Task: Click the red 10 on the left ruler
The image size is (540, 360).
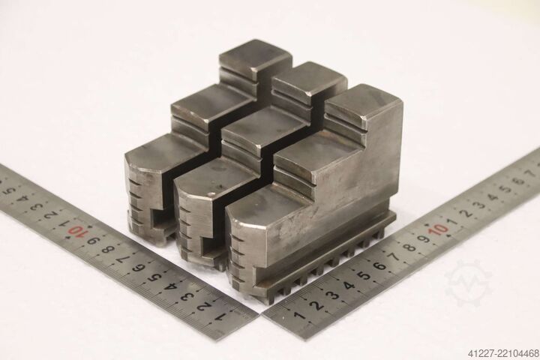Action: point(76,230)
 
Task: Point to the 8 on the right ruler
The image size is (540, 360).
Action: point(409,248)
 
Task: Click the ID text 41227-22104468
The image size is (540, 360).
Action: point(502,353)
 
